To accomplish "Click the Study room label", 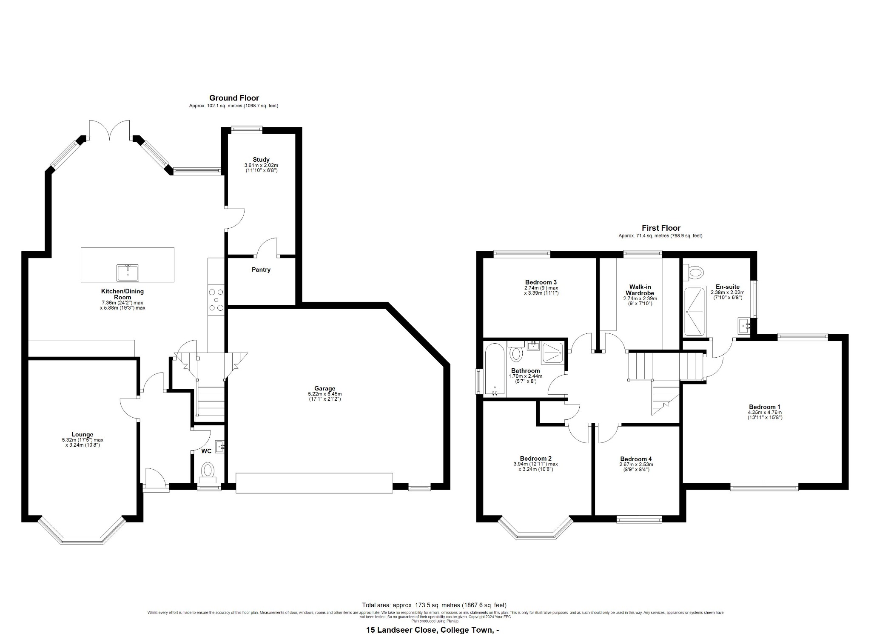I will click(x=261, y=160).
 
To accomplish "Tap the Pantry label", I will click(x=261, y=270).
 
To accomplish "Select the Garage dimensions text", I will click(x=325, y=396).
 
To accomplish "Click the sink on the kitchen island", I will click(x=128, y=273).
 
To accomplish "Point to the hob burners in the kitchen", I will click(x=216, y=300).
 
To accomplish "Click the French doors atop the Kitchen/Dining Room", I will click(x=109, y=130).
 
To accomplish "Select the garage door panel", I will click(x=314, y=482).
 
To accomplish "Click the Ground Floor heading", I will click(x=234, y=98).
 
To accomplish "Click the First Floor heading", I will click(x=661, y=228).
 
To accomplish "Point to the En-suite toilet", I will click(x=695, y=271).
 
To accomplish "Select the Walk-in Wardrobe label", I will click(x=640, y=290).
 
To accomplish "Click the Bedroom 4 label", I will click(x=636, y=459).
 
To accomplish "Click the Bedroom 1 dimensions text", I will click(x=765, y=415).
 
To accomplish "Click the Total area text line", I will click(x=434, y=605).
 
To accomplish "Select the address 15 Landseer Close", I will click(x=432, y=630).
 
